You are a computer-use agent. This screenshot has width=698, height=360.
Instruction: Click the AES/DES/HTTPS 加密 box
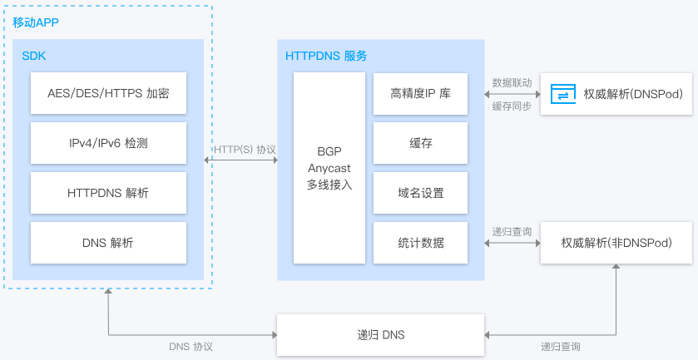(x=108, y=94)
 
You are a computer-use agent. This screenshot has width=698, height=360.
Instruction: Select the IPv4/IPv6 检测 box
(x=108, y=143)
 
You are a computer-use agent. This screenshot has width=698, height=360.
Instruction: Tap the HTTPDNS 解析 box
(x=108, y=193)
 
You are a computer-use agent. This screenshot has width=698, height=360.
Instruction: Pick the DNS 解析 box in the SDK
(x=108, y=243)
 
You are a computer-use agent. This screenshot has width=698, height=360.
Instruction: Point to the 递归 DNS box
(x=380, y=335)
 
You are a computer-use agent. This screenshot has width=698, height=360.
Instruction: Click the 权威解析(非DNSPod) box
(x=616, y=243)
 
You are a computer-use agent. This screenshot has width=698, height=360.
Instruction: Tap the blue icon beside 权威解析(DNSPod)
(x=563, y=94)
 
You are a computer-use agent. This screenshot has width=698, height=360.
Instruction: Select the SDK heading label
(x=34, y=56)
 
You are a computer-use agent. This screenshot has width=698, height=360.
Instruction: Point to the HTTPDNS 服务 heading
(x=326, y=56)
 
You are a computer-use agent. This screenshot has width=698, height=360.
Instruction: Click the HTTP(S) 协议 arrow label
(x=245, y=150)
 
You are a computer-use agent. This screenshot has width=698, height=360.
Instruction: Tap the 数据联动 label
(x=512, y=83)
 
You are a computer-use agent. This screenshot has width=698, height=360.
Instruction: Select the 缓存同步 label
(x=512, y=106)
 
